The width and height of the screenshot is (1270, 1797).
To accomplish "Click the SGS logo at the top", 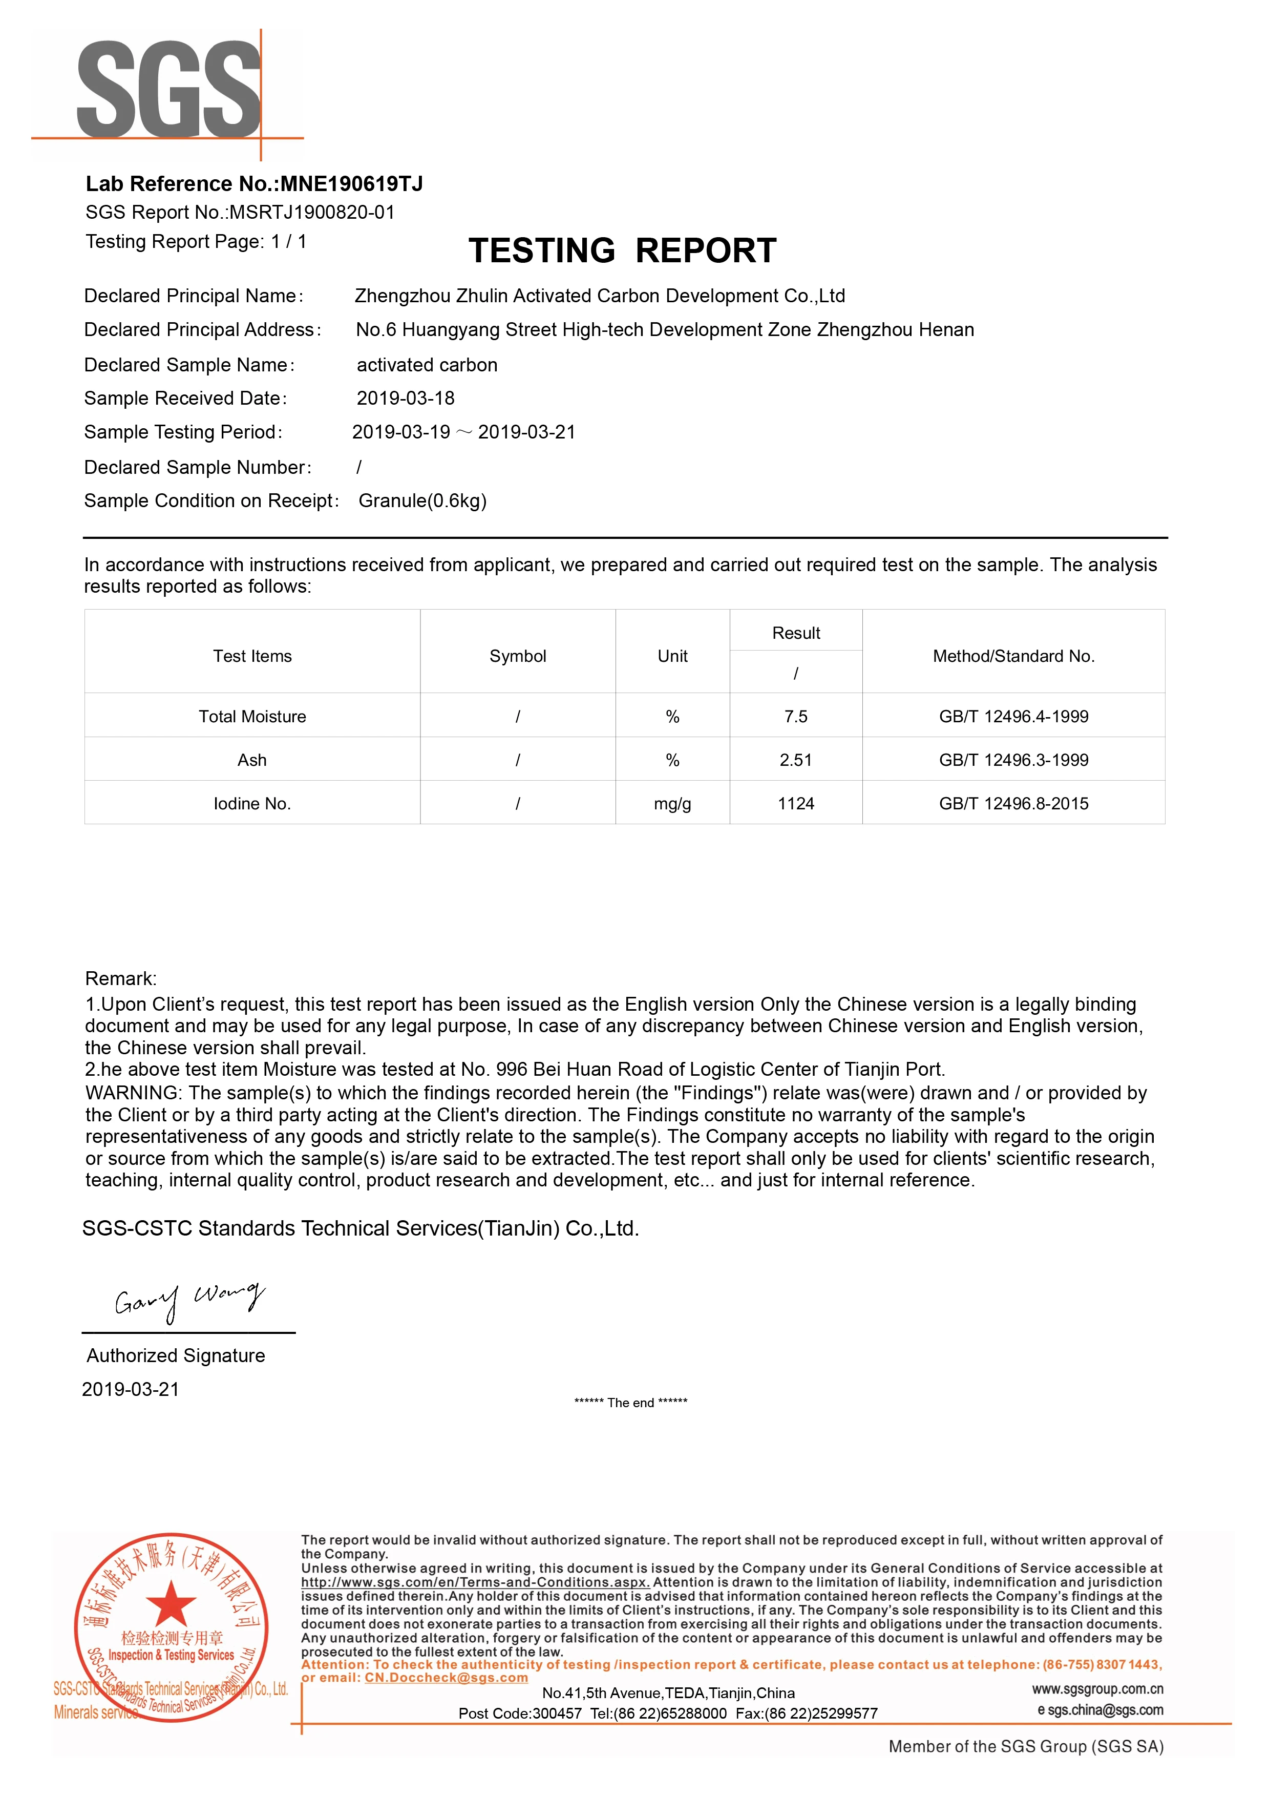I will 168,90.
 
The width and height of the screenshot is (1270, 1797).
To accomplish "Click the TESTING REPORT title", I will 622,250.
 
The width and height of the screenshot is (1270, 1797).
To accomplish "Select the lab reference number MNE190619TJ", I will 351,184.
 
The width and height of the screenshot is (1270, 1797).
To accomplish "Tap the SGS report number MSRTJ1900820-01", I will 311,212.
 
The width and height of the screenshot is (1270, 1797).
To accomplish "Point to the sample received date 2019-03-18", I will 406,399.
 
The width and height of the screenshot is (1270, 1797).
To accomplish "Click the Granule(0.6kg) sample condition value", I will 422,501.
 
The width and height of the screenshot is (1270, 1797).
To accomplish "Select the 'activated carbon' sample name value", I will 427,365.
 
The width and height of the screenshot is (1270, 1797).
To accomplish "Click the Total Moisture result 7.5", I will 796,716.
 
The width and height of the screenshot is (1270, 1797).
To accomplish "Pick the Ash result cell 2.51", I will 796,760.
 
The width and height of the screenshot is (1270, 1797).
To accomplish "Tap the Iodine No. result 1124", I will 796,804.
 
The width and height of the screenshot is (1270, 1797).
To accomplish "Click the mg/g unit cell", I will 672,804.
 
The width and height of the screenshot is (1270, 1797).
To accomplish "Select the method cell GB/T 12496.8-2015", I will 1013,804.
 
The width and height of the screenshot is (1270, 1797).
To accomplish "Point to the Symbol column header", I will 517,656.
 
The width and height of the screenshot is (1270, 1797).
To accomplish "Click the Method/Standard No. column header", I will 1013,656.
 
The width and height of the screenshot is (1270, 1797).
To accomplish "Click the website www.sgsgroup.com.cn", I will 1097,1688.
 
